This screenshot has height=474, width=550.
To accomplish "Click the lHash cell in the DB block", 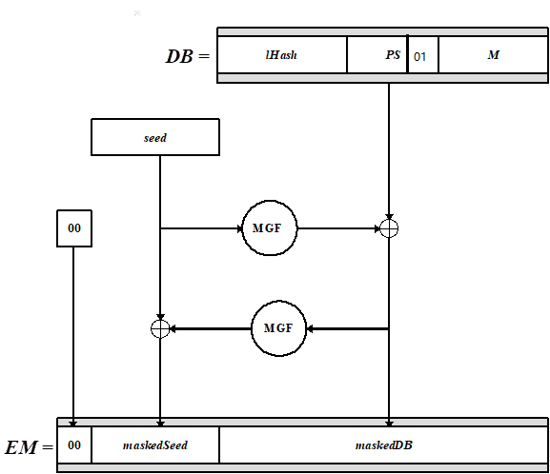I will [x=282, y=55].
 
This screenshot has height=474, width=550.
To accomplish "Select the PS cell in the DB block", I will [x=377, y=55].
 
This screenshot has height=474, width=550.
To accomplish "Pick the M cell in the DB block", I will [x=493, y=55].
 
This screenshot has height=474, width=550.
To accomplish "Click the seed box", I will [x=155, y=138].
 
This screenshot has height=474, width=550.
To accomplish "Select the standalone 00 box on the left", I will [x=74, y=228].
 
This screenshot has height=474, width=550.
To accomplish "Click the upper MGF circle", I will [x=270, y=228].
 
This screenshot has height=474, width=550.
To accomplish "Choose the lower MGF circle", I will [x=279, y=328].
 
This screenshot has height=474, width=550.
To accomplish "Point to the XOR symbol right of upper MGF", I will [x=388, y=228].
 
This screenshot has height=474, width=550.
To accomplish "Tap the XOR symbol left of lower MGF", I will [x=160, y=328].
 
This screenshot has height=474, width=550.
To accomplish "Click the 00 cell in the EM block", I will [x=74, y=444].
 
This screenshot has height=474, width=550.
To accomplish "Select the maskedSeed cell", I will [x=155, y=444].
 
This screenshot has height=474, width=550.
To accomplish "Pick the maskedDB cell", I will [x=383, y=444].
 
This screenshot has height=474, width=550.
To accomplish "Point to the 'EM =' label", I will [x=29, y=445].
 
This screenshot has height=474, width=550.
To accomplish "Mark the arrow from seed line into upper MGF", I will [x=201, y=228].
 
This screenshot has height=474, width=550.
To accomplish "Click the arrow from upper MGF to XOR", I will [x=338, y=228].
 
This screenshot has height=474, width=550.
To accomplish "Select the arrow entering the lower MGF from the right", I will [x=348, y=328].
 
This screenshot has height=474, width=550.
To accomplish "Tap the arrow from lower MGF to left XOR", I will [x=210, y=328].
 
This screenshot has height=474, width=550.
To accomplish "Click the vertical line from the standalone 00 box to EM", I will [x=74, y=333].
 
